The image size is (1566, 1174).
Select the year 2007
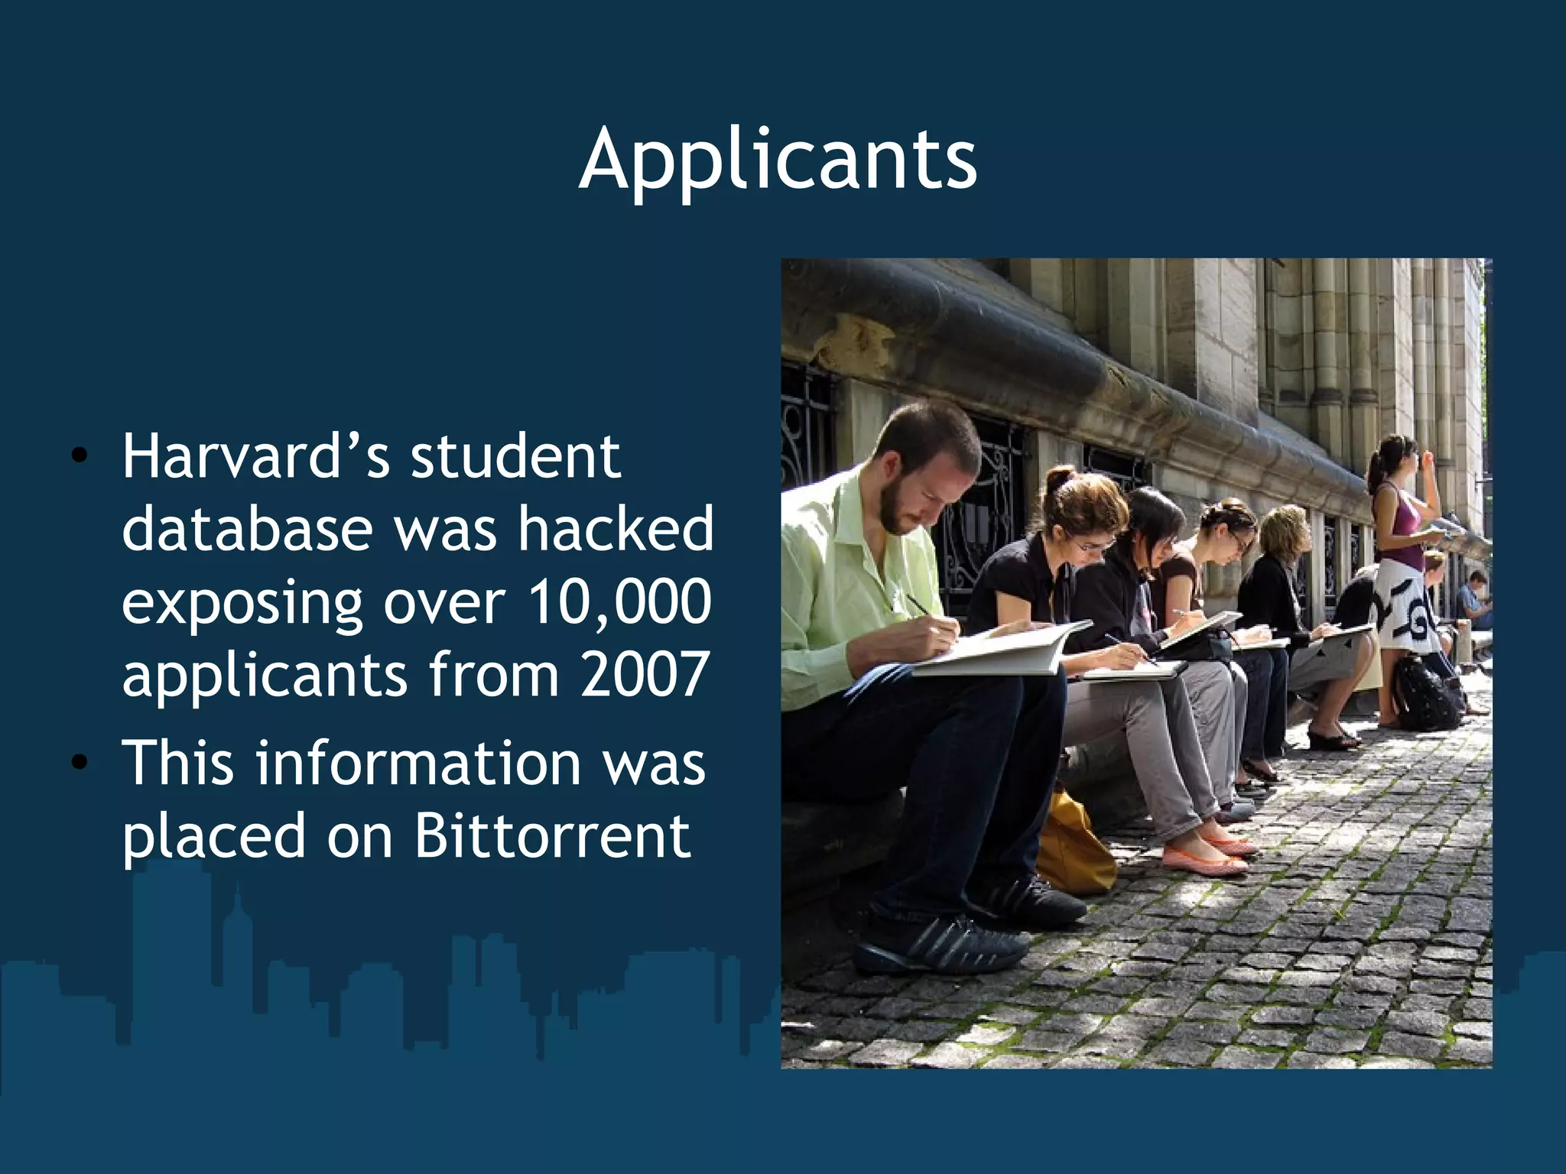[644, 675]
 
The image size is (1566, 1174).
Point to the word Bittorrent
[552, 835]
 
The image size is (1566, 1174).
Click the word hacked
[616, 529]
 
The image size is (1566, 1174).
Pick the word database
[246, 529]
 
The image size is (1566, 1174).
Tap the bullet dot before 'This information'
[79, 763]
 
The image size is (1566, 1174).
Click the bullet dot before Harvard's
[79, 457]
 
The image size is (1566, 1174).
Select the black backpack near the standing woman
[1424, 693]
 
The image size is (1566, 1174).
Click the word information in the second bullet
[418, 763]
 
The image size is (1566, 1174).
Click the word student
[515, 456]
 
